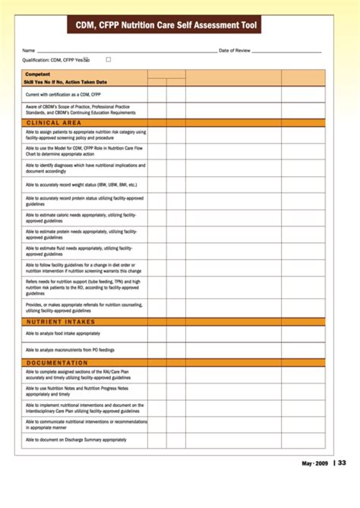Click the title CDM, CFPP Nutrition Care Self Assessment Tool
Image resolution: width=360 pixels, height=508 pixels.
pos(166,26)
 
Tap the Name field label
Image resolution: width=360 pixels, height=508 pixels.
pos(29,50)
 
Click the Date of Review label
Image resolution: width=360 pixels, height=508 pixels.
pos(235,50)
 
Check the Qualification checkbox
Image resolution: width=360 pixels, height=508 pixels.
pos(109,58)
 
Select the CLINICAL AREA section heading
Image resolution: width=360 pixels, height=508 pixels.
pos(54,122)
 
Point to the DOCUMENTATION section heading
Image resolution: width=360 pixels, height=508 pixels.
pos(58,363)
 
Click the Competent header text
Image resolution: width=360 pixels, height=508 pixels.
pos(37,74)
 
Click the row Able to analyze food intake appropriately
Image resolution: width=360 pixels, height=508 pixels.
pos(62,333)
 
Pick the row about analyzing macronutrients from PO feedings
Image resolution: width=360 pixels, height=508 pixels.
pos(71,350)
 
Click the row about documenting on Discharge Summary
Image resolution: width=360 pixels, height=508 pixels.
pos(76,440)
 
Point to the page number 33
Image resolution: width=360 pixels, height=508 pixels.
pos(342,463)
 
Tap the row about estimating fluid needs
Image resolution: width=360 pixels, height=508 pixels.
pos(81,251)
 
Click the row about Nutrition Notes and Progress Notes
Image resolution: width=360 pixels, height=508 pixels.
pos(82,391)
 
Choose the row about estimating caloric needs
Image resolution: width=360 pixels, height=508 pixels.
pos(81,218)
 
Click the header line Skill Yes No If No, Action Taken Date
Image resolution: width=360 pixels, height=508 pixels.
pos(66,82)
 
